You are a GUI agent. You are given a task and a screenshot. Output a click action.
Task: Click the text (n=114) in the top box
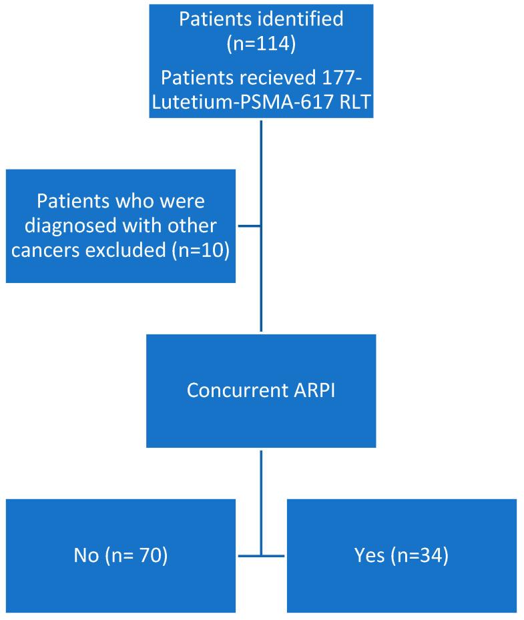(x=261, y=44)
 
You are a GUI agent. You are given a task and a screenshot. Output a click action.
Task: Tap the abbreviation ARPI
(x=311, y=390)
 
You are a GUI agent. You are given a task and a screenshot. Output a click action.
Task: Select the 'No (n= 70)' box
(x=121, y=555)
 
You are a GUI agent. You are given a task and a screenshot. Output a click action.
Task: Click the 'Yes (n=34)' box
(x=401, y=555)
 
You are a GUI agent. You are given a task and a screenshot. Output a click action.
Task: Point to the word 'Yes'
(x=369, y=555)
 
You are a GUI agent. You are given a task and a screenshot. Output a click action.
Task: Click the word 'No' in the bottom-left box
(x=85, y=555)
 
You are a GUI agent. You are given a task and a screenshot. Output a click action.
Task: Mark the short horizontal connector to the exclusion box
(x=248, y=226)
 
